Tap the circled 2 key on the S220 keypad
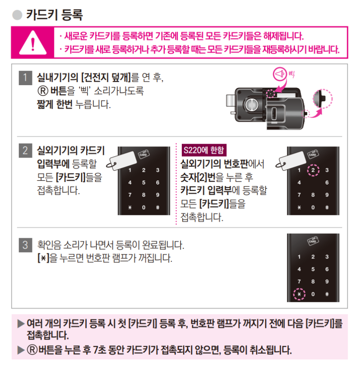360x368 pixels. (313, 170)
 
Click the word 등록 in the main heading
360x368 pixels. (70, 15)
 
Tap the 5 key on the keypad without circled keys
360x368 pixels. (144, 183)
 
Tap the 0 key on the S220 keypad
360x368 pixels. (313, 208)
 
